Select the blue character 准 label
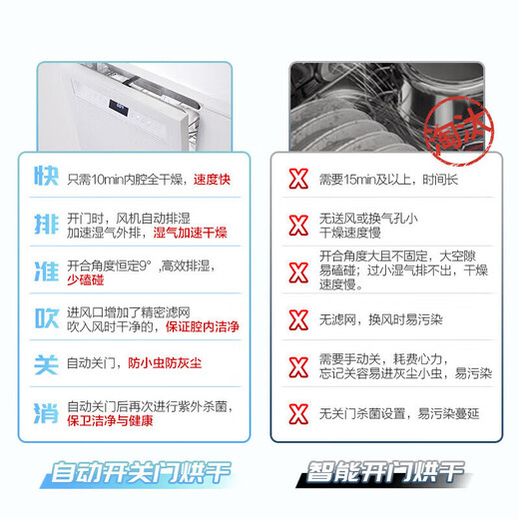click(x=44, y=272)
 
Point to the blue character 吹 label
click(x=44, y=318)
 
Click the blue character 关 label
click(x=44, y=365)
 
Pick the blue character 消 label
click(x=44, y=412)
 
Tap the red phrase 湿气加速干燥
click(x=190, y=233)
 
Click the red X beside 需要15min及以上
click(x=297, y=180)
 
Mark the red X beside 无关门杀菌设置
click(x=297, y=412)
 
